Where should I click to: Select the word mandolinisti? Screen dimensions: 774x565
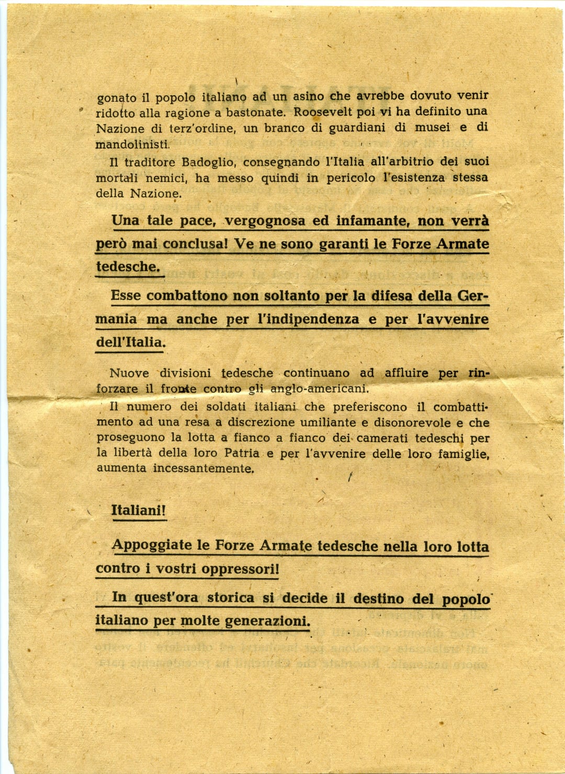coord(133,144)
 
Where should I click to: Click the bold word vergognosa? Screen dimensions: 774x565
coord(265,221)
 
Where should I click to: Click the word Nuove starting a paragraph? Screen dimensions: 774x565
coord(129,373)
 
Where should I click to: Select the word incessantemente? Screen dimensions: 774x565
coord(204,468)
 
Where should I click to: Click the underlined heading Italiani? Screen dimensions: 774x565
coord(139,510)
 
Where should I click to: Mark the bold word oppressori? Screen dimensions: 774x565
coord(240,568)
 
